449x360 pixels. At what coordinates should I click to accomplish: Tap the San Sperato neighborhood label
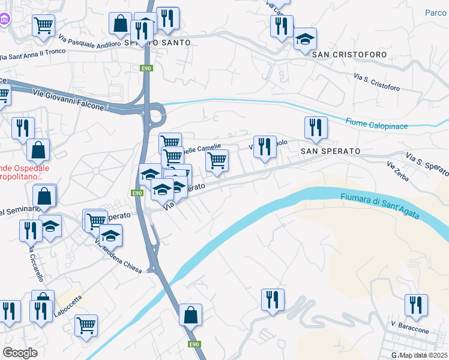[330, 151]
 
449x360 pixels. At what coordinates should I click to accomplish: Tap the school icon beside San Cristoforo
[305, 40]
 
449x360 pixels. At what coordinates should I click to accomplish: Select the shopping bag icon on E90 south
[190, 314]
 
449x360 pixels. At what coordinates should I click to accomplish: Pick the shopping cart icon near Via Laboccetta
[86, 325]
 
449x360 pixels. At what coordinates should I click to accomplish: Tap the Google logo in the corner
[20, 353]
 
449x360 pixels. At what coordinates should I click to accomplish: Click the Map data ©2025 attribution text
[424, 355]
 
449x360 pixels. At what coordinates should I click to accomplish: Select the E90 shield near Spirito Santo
[146, 68]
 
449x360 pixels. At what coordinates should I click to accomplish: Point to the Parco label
[435, 13]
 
